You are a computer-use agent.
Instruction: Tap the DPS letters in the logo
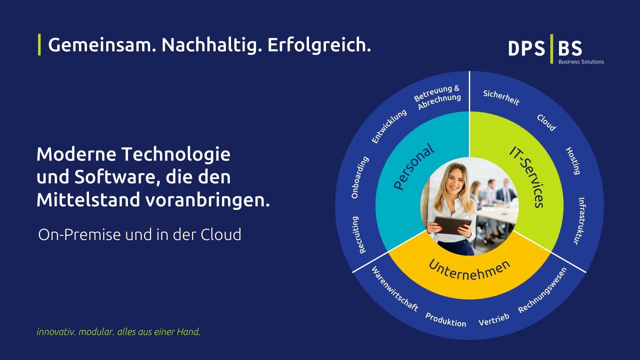click(x=526, y=49)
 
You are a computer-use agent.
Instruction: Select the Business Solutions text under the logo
click(x=581, y=62)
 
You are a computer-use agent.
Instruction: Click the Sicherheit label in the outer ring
click(x=501, y=97)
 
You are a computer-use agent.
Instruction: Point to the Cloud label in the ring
click(x=546, y=123)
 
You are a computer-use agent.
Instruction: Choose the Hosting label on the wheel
click(x=573, y=161)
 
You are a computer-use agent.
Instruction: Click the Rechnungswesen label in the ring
click(x=542, y=290)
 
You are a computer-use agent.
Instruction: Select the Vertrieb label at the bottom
click(x=494, y=320)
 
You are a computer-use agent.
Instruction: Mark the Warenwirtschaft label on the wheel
click(x=395, y=289)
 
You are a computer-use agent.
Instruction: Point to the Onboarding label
click(x=360, y=177)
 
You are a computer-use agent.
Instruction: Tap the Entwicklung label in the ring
click(x=389, y=126)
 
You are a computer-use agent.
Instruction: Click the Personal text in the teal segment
click(x=414, y=167)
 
